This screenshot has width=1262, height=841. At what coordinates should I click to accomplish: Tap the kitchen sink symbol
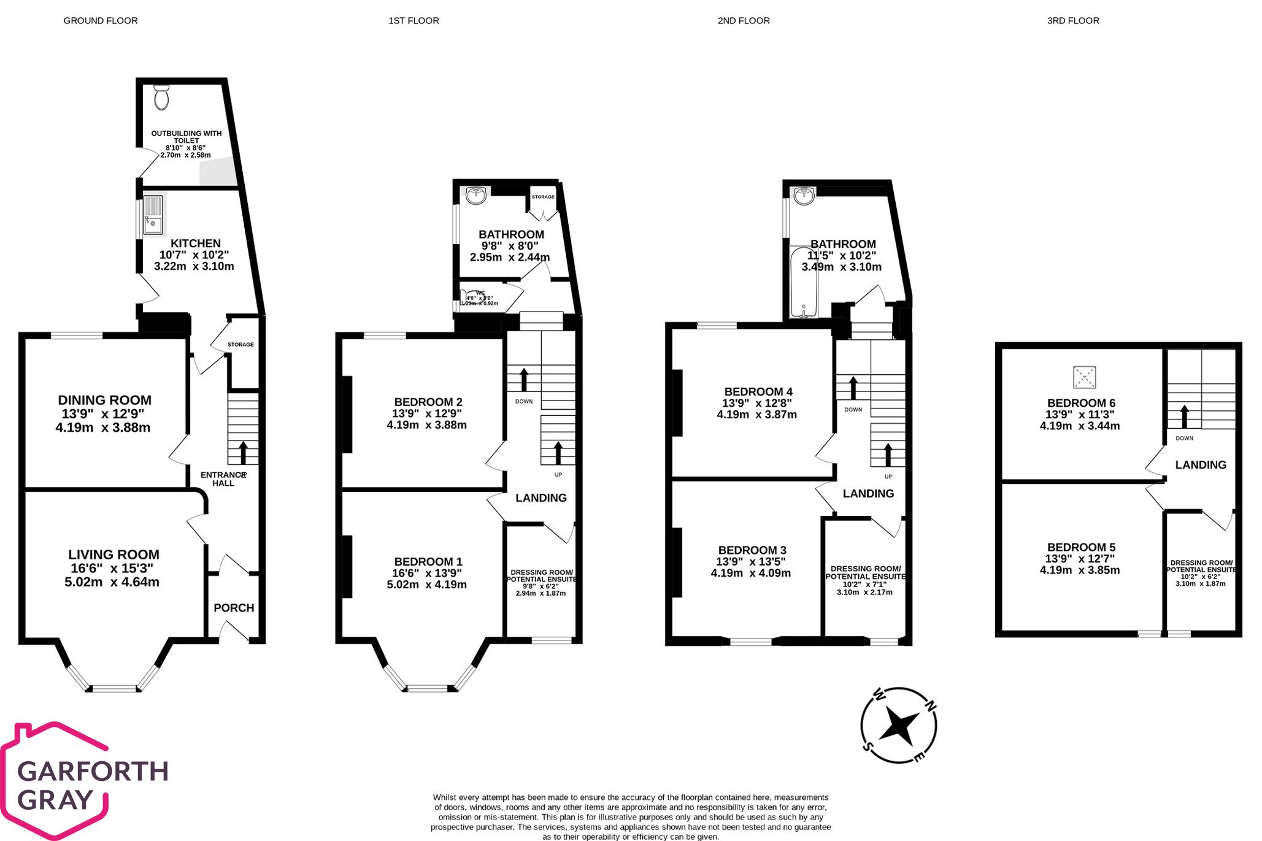pos(153,215)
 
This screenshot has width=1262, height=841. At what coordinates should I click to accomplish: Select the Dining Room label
pos(104,400)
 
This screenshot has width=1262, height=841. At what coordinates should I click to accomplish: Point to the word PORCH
pos(234,608)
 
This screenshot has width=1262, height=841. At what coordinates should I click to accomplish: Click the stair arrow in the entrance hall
pos(243,453)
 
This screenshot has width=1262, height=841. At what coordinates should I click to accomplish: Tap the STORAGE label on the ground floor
pos(240,345)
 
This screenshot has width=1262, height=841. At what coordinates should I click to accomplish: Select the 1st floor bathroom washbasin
pos(476,196)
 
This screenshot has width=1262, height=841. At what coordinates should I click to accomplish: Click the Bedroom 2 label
pos(428,402)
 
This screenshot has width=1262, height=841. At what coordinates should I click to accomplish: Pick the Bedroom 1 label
pos(428,561)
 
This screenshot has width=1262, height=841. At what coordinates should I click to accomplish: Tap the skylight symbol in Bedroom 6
pos(1084,377)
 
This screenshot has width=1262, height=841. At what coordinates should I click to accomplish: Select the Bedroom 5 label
pos(1081,547)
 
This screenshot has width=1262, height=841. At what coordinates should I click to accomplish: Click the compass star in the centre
pos(898,726)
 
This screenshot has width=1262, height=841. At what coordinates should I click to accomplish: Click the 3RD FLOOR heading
pos(1072,21)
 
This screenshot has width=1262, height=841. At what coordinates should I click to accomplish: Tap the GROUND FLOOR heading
pos(101,21)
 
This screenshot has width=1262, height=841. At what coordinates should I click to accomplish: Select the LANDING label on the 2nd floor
pos(868,493)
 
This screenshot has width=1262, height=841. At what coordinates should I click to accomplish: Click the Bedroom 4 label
pos(758,391)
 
